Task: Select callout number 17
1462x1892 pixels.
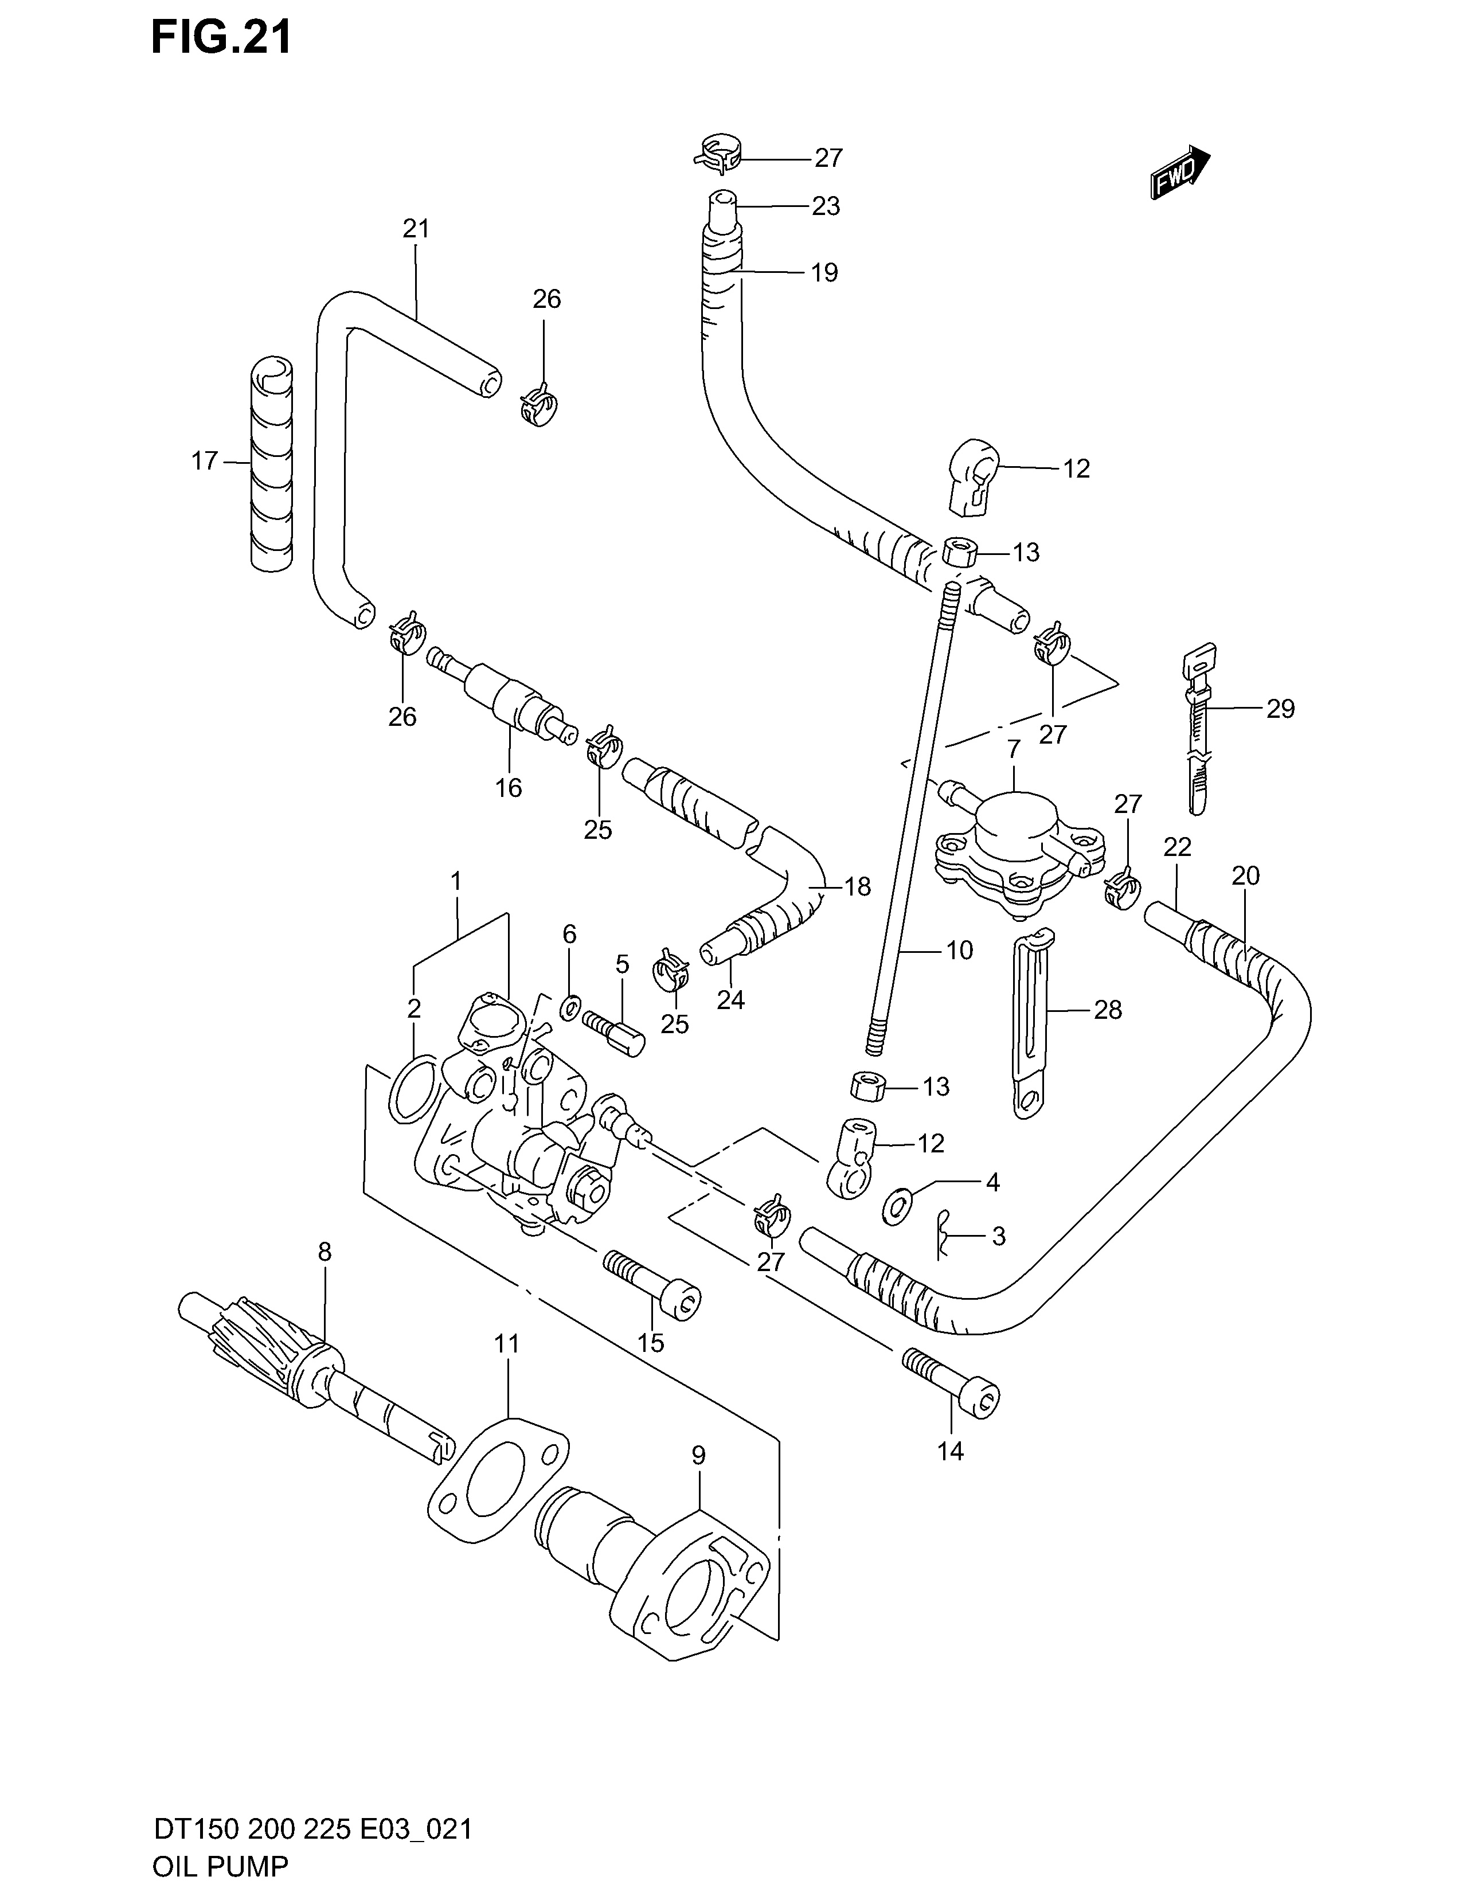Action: coord(205,461)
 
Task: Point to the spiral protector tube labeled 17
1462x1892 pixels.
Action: coord(272,463)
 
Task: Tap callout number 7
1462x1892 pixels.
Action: coord(1014,748)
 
